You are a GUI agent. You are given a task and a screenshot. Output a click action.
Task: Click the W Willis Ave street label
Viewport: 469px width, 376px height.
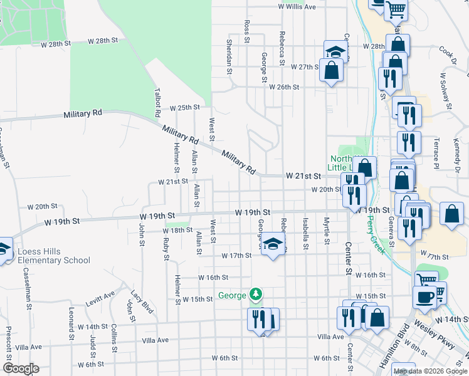[297, 7]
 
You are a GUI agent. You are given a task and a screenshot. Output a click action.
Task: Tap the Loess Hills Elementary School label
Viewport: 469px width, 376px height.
[53, 256]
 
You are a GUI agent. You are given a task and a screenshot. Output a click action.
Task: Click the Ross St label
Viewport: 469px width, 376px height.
[246, 31]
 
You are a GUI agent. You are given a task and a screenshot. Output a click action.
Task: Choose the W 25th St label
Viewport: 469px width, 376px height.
[184, 108]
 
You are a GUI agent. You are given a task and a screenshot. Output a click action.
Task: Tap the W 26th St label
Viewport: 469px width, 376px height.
[285, 86]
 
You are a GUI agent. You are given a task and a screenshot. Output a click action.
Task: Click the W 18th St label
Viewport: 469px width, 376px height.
[177, 231]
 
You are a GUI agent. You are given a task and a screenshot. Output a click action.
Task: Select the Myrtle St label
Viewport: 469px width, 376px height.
[327, 231]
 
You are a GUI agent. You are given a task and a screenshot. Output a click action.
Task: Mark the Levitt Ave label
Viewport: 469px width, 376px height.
[101, 296]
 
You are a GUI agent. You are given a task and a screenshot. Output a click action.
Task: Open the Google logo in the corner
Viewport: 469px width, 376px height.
[21, 368]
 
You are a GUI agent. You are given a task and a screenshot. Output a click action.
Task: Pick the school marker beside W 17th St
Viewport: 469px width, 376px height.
[273, 245]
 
